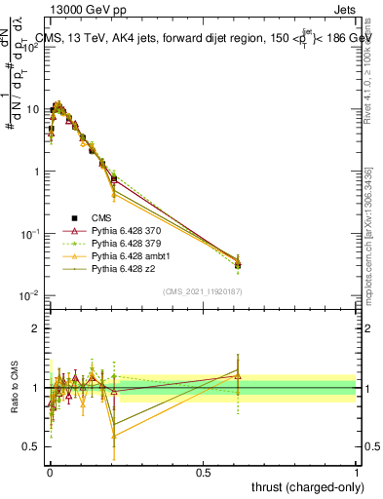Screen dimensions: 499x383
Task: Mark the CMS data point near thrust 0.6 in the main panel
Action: point(237,264)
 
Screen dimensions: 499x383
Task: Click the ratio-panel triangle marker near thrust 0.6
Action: point(237,374)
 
